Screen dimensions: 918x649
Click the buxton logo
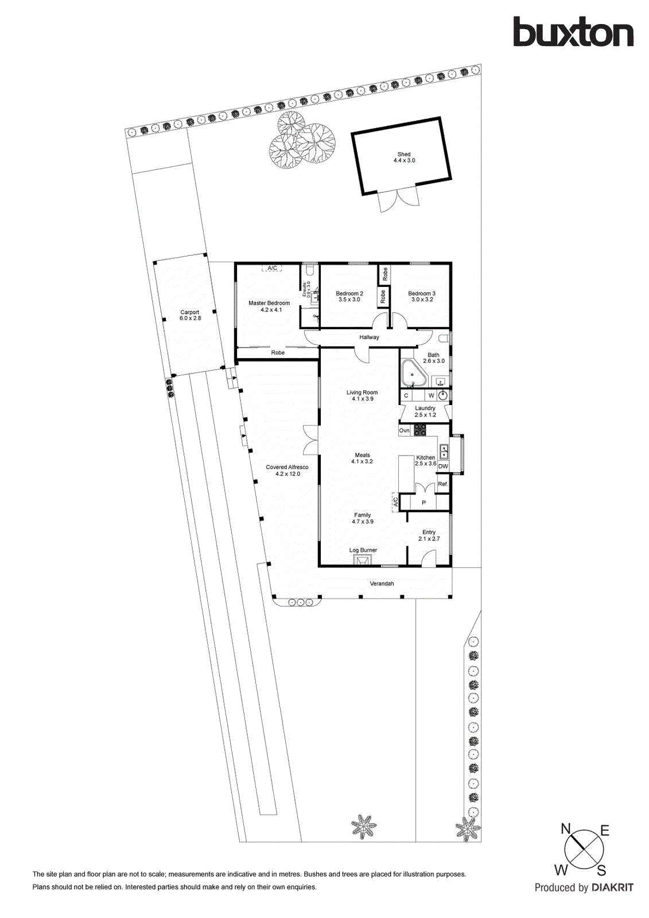coord(573,32)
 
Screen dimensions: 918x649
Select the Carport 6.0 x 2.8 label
coord(190,315)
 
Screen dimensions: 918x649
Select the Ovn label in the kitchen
coord(405,430)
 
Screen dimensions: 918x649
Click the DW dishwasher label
coord(443,466)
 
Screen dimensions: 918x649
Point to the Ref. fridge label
coord(442,484)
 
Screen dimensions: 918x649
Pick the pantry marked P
coord(424,503)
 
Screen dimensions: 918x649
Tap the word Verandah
coord(382,584)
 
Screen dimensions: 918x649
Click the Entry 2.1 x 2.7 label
coord(429,535)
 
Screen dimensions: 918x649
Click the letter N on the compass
coord(565,828)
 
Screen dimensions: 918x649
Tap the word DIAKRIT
coord(612,888)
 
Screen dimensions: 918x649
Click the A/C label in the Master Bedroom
coord(272,268)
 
